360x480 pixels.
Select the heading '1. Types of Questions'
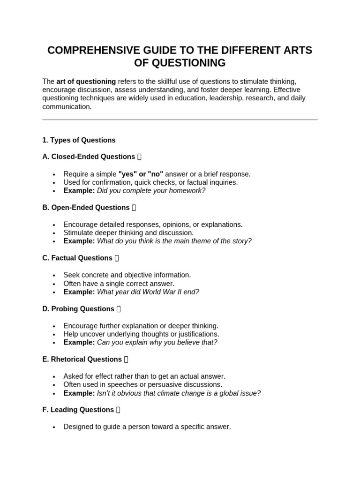[79, 140]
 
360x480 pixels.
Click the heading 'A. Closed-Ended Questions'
[89, 157]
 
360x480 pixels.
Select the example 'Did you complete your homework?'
[151, 191]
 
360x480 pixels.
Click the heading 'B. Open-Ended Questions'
[86, 208]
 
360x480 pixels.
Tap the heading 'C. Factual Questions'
[77, 258]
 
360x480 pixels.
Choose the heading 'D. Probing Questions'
[78, 309]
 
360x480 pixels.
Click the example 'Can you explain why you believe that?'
[157, 342]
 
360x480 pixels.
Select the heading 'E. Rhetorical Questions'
[82, 360]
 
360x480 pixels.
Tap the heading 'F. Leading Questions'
[78, 410]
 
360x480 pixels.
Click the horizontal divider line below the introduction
[180, 120]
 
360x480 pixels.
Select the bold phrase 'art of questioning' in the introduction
[86, 81]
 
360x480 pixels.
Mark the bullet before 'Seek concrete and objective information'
[54, 276]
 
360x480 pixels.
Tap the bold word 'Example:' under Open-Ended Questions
[79, 241]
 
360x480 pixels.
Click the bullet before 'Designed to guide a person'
[54, 427]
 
